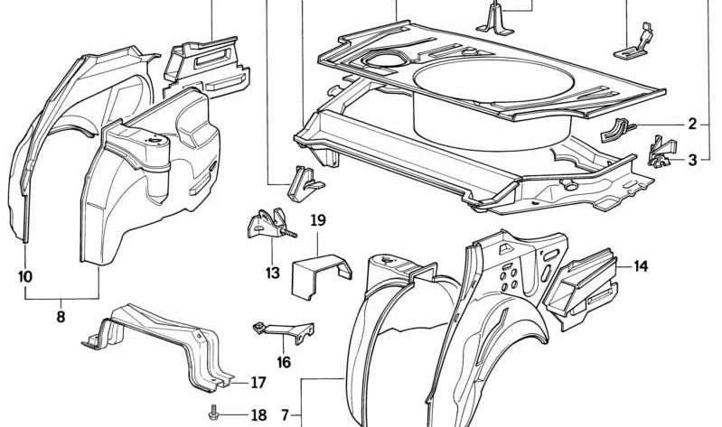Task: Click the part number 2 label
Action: [692, 125]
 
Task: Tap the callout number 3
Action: [692, 161]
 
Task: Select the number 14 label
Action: [641, 266]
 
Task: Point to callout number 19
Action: [317, 220]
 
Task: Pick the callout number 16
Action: [284, 363]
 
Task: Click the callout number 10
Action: [24, 276]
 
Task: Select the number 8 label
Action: [61, 317]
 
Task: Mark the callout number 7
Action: [285, 415]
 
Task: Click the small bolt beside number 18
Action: [214, 413]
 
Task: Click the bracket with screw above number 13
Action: [268, 226]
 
